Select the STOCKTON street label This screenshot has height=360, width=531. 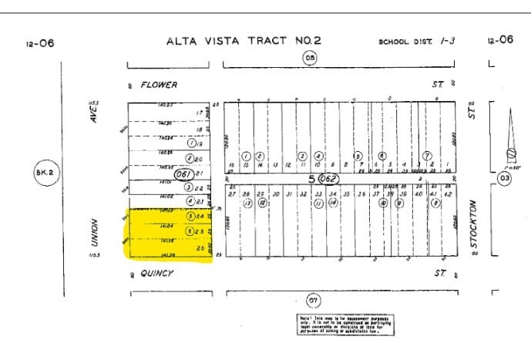(x=472, y=223)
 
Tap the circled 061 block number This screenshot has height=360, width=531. (x=183, y=175)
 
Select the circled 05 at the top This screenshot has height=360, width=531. (x=310, y=59)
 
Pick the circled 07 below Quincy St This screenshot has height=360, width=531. (x=313, y=299)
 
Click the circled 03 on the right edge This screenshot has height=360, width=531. (x=505, y=178)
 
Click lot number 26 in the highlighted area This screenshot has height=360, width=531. (x=201, y=248)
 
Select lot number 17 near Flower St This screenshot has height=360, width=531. (x=199, y=113)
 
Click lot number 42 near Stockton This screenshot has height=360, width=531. (x=449, y=193)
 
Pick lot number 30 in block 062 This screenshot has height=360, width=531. (x=275, y=193)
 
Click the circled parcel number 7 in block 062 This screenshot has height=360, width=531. (x=427, y=155)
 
